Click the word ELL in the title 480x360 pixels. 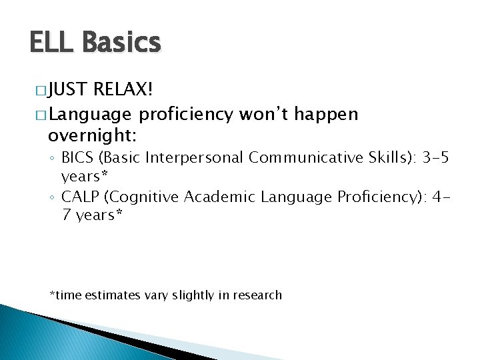pos(52,43)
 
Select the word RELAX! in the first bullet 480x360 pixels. pos(125,90)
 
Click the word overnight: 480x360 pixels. pos(93,136)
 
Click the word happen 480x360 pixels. pos(326,114)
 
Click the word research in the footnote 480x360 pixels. pos(258,295)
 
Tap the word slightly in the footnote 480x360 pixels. pos(195,295)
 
